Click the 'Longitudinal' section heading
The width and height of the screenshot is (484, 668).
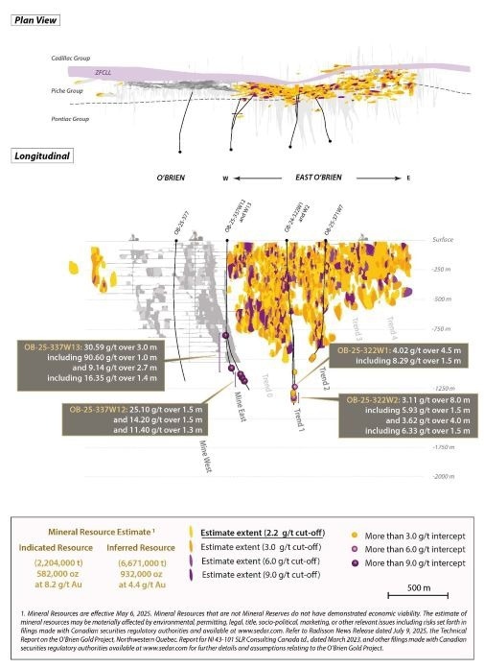point(37,155)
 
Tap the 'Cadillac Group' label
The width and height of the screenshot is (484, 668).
point(71,60)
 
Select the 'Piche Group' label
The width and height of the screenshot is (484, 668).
point(66,90)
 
